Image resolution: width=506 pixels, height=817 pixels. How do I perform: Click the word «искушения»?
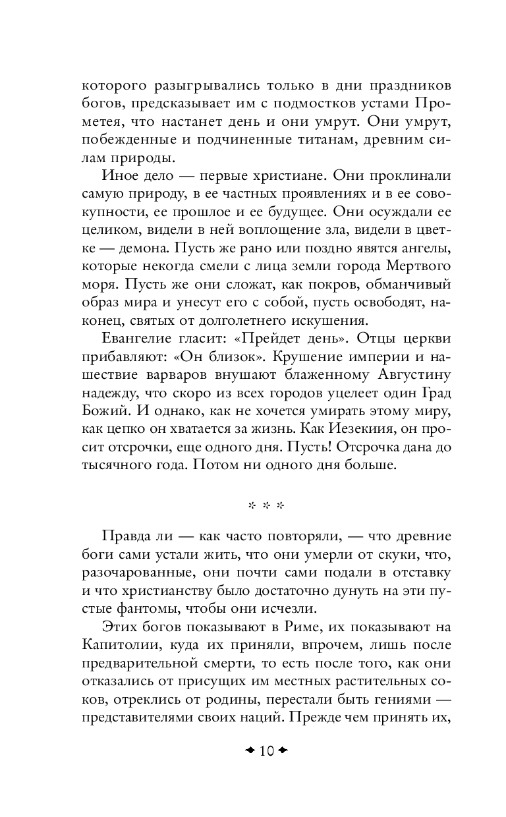(x=327, y=320)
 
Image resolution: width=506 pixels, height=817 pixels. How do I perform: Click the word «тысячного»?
(x=121, y=465)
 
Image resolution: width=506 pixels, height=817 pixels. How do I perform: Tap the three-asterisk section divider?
(x=266, y=506)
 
